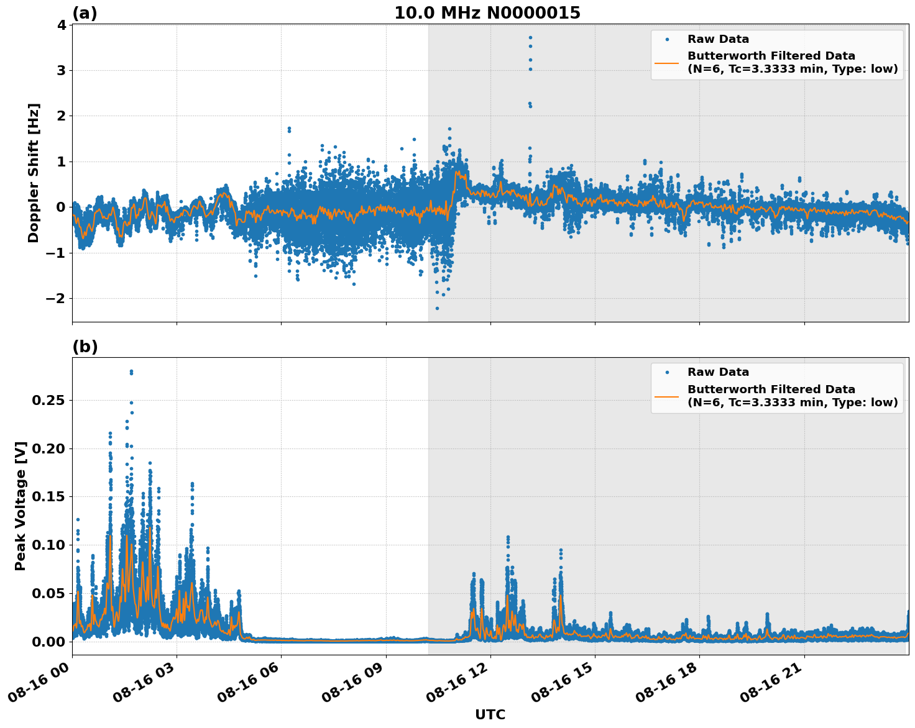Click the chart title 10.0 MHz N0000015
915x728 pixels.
[x=487, y=13]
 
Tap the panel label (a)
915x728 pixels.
[x=85, y=13]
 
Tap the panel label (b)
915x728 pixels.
[x=85, y=347]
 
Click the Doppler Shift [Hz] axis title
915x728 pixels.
[x=34, y=173]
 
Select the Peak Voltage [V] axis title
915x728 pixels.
[x=21, y=506]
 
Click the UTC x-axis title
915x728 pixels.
[x=490, y=714]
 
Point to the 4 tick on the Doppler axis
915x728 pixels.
[x=61, y=25]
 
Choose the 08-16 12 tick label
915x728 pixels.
[x=457, y=683]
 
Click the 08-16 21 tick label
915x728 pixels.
[x=771, y=683]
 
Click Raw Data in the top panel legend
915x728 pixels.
[x=718, y=40]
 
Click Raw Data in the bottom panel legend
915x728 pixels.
[x=718, y=373]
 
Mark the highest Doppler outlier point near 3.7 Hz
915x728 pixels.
[x=530, y=37]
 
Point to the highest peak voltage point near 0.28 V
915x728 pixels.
[x=131, y=371]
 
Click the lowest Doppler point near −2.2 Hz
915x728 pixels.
[x=437, y=308]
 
